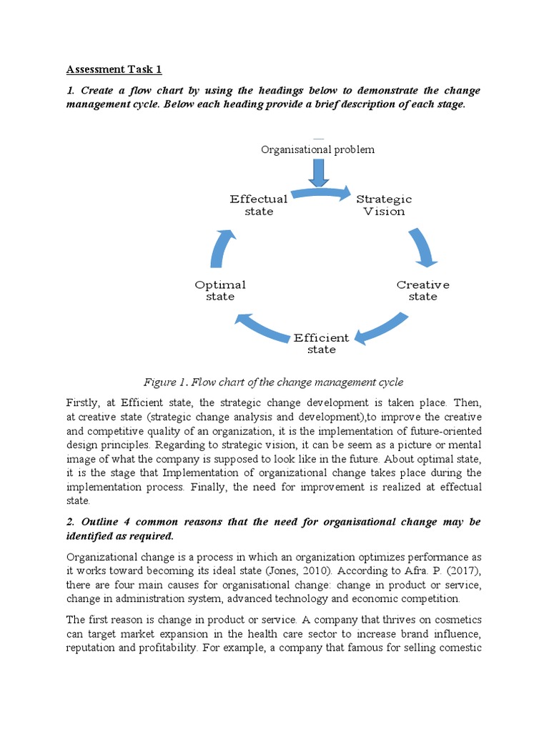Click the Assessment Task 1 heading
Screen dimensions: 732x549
114,69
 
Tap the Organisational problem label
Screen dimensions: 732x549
317,149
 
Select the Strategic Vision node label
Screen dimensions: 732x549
384,205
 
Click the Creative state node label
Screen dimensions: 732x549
422,290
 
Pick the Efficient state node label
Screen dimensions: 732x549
321,343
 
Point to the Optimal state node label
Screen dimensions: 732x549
220,290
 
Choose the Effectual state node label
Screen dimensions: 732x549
259,205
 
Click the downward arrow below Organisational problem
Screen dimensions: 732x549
317,172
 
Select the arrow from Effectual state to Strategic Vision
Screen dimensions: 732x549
321,192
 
